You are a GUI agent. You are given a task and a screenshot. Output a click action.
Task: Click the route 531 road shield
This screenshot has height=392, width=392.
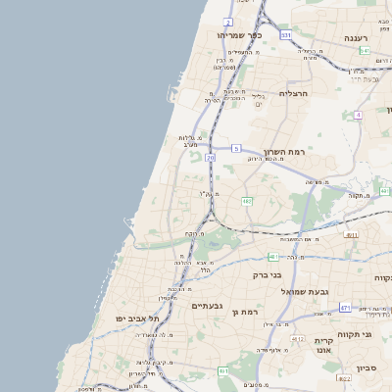tap(285, 34)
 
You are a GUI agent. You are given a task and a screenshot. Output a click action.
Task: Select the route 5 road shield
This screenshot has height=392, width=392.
tap(236, 148)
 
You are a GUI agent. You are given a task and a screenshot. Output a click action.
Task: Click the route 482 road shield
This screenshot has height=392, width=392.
tap(247, 201)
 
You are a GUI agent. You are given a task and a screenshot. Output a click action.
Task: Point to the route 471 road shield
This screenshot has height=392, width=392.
tap(345, 308)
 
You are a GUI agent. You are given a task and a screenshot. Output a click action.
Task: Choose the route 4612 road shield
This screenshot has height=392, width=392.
tap(297, 338)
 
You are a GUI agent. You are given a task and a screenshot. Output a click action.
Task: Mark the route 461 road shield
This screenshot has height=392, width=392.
tap(224, 371)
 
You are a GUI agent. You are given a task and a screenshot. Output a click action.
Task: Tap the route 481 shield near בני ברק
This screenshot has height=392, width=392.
tap(272, 257)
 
